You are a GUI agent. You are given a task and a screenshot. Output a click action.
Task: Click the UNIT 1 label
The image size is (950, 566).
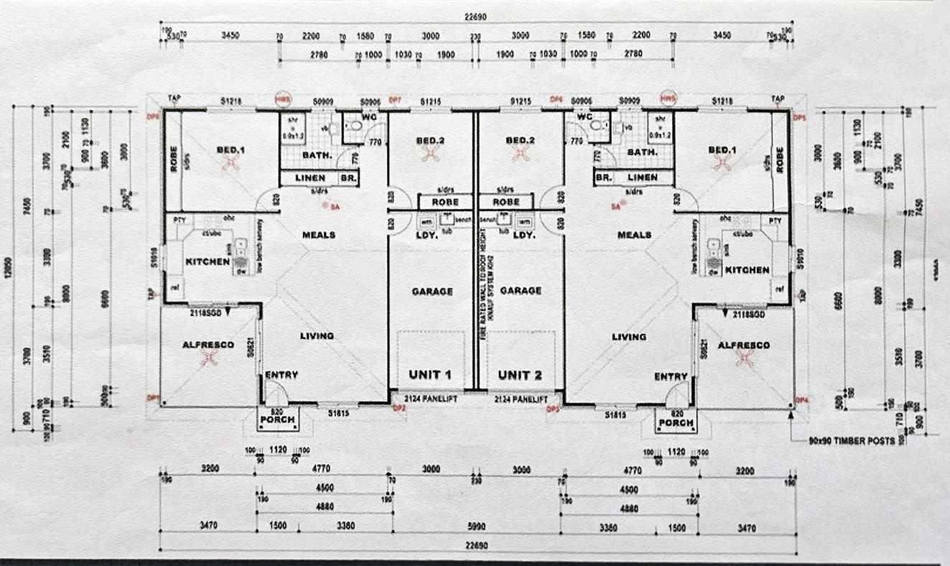(429, 375)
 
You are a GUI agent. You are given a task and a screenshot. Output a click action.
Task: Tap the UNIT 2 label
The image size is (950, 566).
(520, 375)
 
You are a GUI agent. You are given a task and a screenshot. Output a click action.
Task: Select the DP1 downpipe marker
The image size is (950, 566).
(152, 397)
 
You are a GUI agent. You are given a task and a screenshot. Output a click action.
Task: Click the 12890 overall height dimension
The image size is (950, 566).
(9, 267)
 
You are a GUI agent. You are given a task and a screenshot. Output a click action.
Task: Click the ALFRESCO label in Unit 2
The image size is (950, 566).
(743, 345)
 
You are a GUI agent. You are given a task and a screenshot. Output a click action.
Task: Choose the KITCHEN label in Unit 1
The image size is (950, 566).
(208, 261)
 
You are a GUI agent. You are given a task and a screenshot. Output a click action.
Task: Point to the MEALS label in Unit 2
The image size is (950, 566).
(634, 235)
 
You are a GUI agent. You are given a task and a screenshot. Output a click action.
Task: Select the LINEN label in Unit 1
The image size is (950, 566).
(309, 177)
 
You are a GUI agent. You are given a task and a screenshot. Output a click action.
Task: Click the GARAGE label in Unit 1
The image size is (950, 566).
(432, 291)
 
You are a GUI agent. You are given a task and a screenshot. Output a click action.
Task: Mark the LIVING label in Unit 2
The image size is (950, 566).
(629, 336)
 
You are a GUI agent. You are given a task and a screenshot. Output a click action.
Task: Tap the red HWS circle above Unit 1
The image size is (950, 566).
(284, 98)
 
